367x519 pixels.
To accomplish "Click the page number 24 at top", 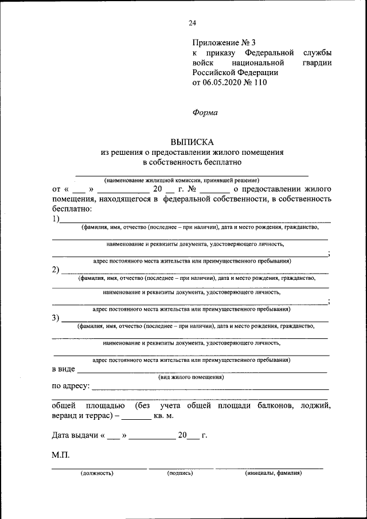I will pyautogui.click(x=192, y=23).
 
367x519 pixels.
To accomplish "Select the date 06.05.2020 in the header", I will pyautogui.click(x=222, y=83).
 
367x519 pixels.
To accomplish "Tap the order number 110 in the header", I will pyautogui.click(x=260, y=83).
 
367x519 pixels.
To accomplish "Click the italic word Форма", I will pyautogui.click(x=205, y=112).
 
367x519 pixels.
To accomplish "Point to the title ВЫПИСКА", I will pyautogui.click(x=192, y=142).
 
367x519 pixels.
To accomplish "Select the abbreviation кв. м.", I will pyautogui.click(x=163, y=415).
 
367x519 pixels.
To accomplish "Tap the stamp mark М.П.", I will pyautogui.click(x=60, y=455).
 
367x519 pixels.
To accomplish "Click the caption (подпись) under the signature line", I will pyautogui.click(x=180, y=474).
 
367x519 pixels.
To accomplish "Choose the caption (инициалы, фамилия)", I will pyautogui.click(x=273, y=474).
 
